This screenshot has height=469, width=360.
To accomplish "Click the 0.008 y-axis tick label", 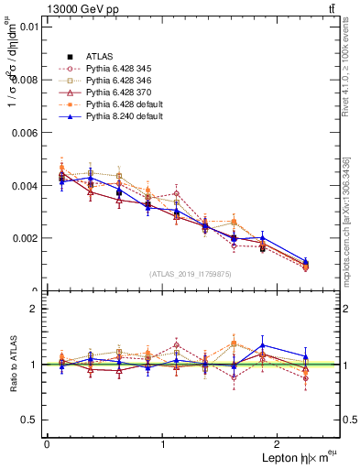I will click(x=23, y=80).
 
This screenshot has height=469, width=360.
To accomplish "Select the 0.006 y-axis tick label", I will click(x=23, y=133).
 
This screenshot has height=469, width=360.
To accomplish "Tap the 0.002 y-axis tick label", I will click(x=23, y=238).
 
